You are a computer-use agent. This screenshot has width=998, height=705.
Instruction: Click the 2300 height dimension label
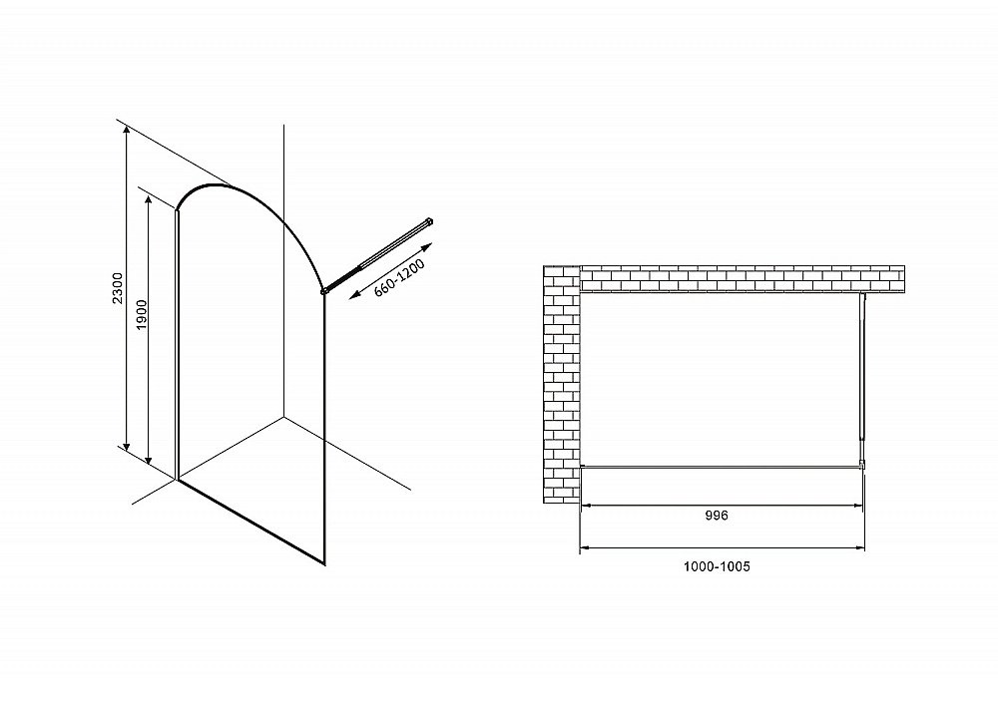point(117,288)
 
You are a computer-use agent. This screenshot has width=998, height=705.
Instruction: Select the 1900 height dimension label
point(142,314)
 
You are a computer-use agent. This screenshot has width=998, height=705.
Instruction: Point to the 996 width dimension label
point(716,516)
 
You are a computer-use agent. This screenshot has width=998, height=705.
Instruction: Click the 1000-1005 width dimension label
point(717,566)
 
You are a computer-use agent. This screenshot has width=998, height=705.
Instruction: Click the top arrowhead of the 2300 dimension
point(127,129)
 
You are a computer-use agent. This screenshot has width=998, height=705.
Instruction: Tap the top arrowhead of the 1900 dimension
point(149,199)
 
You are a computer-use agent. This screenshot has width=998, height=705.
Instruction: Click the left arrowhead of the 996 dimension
point(585,506)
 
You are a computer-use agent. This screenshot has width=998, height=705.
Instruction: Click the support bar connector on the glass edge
point(324,291)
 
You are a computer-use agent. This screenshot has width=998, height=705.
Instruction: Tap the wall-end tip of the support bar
point(431,220)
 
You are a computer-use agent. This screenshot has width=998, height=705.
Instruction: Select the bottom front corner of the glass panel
point(324,564)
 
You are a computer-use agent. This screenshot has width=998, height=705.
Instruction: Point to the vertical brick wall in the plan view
point(561,384)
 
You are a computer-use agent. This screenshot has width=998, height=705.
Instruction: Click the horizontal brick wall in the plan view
point(743,278)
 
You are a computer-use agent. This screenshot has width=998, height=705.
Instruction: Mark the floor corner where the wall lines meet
point(283,417)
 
